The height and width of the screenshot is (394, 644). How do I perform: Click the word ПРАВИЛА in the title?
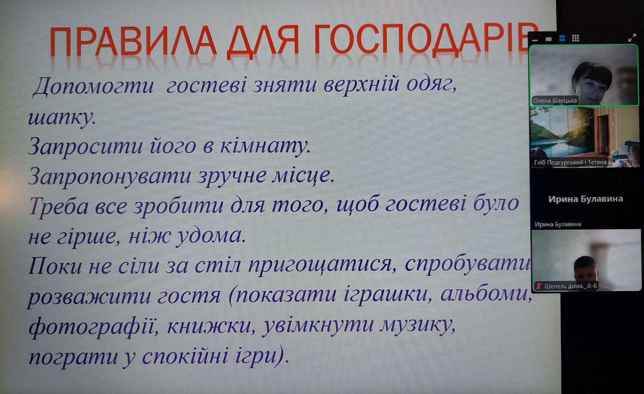click(x=133, y=41)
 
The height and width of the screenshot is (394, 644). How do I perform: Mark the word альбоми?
click(x=486, y=294)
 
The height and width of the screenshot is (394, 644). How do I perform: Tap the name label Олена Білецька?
click(x=555, y=101)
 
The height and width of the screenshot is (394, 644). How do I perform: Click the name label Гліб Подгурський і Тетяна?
click(x=570, y=162)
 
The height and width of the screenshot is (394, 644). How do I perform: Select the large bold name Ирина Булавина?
click(x=585, y=199)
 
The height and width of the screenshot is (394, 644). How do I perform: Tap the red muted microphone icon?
click(x=538, y=286)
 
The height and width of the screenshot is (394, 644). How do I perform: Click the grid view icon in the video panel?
click(x=575, y=38)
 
